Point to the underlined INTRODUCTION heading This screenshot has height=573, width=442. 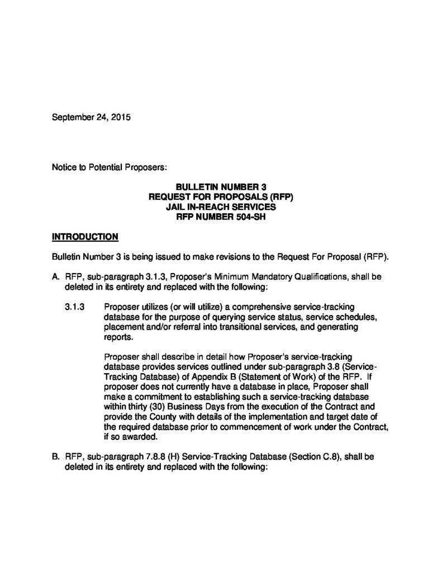tap(85, 237)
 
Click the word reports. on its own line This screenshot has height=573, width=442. tap(118, 337)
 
